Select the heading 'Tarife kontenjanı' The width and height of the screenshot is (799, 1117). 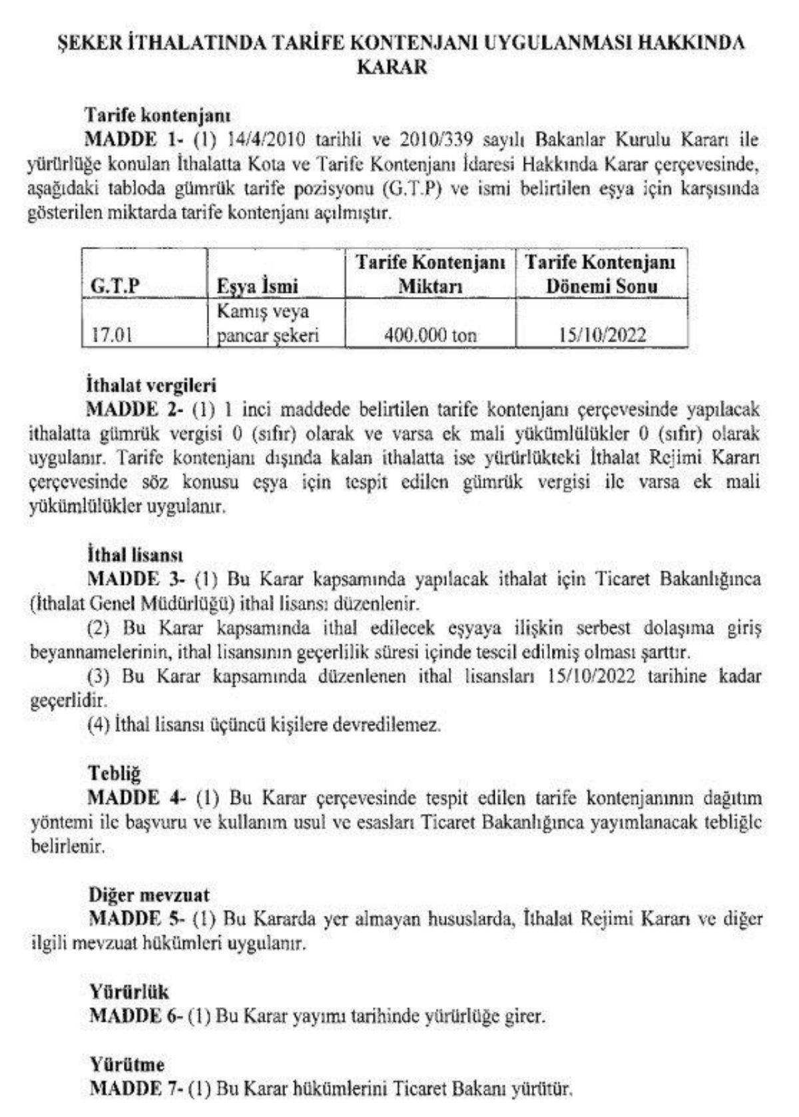click(158, 115)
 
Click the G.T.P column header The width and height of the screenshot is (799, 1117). click(115, 286)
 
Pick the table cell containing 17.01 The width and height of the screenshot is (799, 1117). click(111, 335)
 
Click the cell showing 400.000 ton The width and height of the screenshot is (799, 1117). click(430, 335)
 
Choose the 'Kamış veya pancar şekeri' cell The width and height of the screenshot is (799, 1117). click(268, 324)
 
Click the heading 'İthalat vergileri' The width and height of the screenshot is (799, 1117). click(152, 385)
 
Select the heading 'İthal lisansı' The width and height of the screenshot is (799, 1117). click(135, 554)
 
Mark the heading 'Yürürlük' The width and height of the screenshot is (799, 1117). click(129, 992)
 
